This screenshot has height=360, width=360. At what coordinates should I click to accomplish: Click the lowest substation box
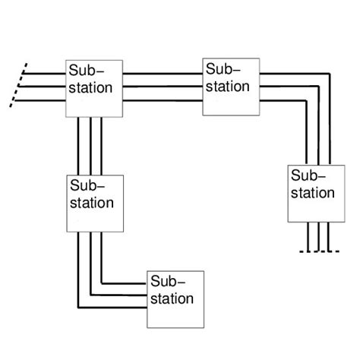click(175, 298)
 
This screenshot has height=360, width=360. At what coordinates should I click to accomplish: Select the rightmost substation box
click(311, 193)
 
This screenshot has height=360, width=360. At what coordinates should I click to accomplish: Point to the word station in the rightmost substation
click(313, 193)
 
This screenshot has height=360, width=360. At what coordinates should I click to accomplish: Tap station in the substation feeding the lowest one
click(92, 203)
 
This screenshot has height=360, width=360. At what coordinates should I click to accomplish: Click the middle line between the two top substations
click(158, 86)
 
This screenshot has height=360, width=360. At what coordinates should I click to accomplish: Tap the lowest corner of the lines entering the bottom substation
click(78, 308)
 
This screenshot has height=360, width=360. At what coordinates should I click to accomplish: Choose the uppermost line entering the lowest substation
click(125, 283)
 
